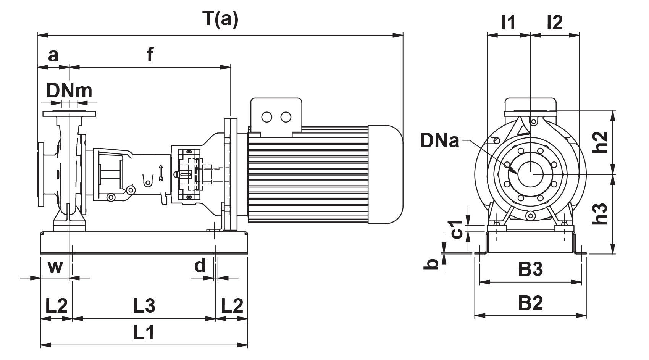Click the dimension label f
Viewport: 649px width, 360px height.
(x=150, y=56)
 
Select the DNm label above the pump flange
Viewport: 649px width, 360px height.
(x=69, y=91)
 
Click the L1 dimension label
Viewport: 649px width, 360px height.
(x=144, y=334)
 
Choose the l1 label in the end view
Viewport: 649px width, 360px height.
(x=508, y=23)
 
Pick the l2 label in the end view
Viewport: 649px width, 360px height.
(x=554, y=23)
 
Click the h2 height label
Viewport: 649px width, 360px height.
(x=602, y=142)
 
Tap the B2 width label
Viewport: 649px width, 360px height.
(x=530, y=304)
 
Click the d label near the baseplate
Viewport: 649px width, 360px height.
(x=200, y=265)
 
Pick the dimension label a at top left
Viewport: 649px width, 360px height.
(x=53, y=56)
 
